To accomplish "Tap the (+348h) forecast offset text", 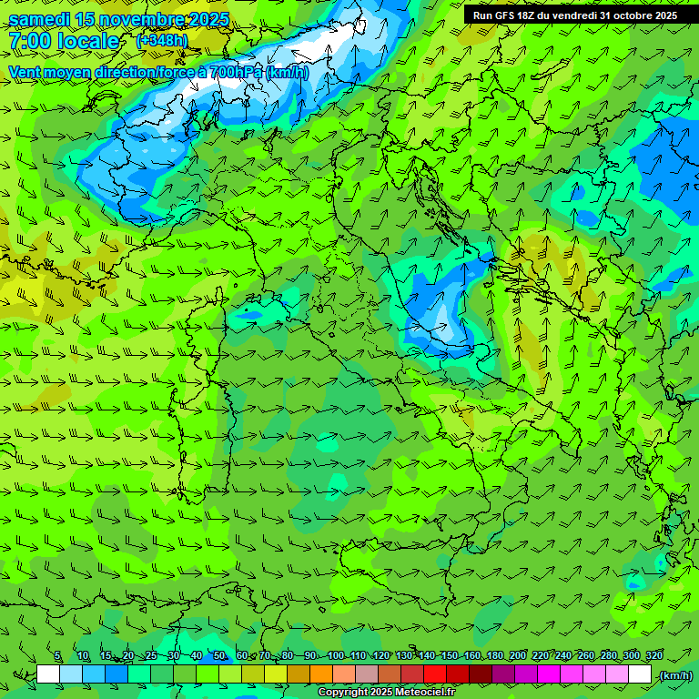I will pos(161,40).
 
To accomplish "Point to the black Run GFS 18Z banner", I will pos(574,15).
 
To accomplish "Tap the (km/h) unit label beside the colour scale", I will pos(674,675).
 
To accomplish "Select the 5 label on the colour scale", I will pos(57,655).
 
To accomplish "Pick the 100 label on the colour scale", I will pos(335,655).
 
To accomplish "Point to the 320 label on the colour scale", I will pos(654,655).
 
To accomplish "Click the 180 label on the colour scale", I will pos(495,655).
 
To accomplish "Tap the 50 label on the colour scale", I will pos(219,655).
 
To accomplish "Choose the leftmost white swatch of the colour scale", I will pos(48,674).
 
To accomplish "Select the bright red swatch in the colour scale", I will pos(434,674).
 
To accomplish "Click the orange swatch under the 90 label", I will pos(321,674).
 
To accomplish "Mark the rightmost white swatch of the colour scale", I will pos(640,674).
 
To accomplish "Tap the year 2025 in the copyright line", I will pos(381,693).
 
